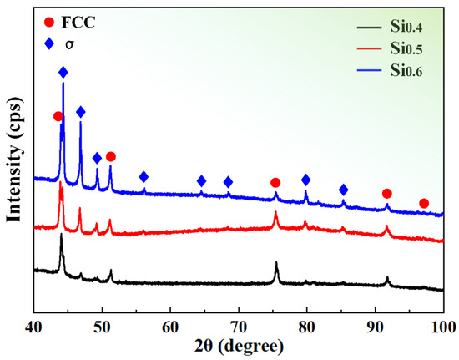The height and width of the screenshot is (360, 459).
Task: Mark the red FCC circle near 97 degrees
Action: tap(424, 204)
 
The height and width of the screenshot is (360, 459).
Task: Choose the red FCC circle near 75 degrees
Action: tap(275, 183)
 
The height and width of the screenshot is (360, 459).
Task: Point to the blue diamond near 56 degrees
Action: tap(144, 176)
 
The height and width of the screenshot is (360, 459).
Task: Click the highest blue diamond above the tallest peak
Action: tap(63, 74)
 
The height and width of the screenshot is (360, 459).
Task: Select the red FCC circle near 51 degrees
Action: tap(111, 156)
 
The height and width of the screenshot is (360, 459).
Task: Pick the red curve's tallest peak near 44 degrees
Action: tap(61, 185)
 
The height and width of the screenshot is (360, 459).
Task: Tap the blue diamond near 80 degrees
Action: tap(305, 180)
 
